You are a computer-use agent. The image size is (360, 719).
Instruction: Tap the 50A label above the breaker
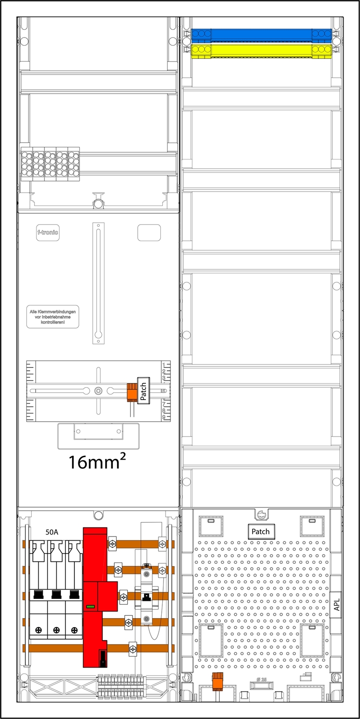pyautogui.click(x=53, y=532)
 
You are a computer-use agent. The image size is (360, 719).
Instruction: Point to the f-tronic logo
pyautogui.click(x=48, y=232)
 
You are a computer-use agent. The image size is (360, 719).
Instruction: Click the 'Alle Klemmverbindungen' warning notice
pyautogui.click(x=52, y=318)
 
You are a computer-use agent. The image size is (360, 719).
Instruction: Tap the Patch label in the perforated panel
pyautogui.click(x=261, y=532)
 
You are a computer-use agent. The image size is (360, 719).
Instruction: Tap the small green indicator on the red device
pyautogui.click(x=90, y=607)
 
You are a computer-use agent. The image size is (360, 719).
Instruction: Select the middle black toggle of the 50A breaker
pyautogui.click(x=56, y=594)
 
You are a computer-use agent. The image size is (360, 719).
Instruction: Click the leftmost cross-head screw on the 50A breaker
pyautogui.click(x=38, y=630)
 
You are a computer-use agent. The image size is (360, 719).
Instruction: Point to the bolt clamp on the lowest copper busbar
pyautogui.click(x=132, y=649)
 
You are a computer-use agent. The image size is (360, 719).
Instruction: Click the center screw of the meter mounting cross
pyautogui.click(x=98, y=391)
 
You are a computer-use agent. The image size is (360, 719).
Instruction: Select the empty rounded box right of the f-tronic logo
pyautogui.click(x=149, y=232)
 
